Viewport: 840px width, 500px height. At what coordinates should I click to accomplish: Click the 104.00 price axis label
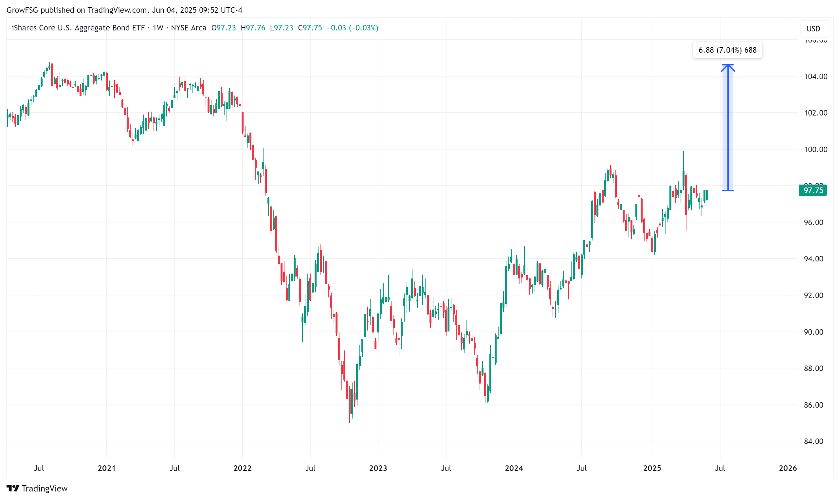pyautogui.click(x=815, y=77)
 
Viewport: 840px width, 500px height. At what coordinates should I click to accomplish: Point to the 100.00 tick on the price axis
pyautogui.click(x=815, y=149)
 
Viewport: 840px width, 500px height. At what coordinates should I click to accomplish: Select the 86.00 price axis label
pyautogui.click(x=815, y=405)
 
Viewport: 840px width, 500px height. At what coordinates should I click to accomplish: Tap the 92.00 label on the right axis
pyautogui.click(x=815, y=295)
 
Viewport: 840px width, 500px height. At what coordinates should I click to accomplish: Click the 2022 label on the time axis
pyautogui.click(x=242, y=468)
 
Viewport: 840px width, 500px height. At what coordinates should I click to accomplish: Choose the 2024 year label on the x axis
pyautogui.click(x=514, y=468)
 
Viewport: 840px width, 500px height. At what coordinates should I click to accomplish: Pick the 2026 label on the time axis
pyautogui.click(x=788, y=468)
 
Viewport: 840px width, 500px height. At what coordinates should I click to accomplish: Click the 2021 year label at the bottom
pyautogui.click(x=106, y=468)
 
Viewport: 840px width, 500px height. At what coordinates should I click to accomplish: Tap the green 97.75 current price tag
pyautogui.click(x=813, y=190)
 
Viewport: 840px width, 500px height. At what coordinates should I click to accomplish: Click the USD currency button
pyautogui.click(x=813, y=29)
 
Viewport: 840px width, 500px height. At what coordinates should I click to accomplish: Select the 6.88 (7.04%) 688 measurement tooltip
pyautogui.click(x=727, y=50)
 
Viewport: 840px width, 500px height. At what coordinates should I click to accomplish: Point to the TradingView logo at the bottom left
pyautogui.click(x=37, y=488)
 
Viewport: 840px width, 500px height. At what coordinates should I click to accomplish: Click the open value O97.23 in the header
pyautogui.click(x=224, y=28)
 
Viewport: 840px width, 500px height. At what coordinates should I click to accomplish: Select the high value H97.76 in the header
pyautogui.click(x=253, y=28)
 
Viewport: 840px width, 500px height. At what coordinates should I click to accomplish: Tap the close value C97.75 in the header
pyautogui.click(x=310, y=28)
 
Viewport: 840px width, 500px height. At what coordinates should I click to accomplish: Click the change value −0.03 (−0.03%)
pyautogui.click(x=353, y=28)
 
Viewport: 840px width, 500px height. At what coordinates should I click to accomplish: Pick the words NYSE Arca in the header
pyautogui.click(x=189, y=28)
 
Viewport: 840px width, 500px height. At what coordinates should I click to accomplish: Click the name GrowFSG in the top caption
pyautogui.click(x=22, y=10)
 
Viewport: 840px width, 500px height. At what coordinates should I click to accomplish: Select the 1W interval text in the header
pyautogui.click(x=158, y=28)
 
